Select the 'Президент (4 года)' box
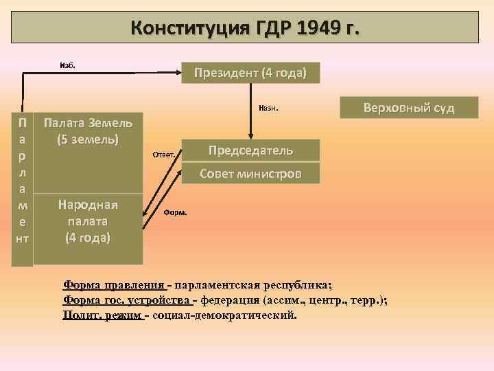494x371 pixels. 250,73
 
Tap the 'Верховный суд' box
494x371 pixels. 409,108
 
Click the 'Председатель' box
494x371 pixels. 250,150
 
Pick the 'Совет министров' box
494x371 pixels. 250,173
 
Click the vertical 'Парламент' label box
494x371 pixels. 23,180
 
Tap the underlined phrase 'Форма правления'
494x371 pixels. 114,286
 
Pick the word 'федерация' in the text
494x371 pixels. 226,300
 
